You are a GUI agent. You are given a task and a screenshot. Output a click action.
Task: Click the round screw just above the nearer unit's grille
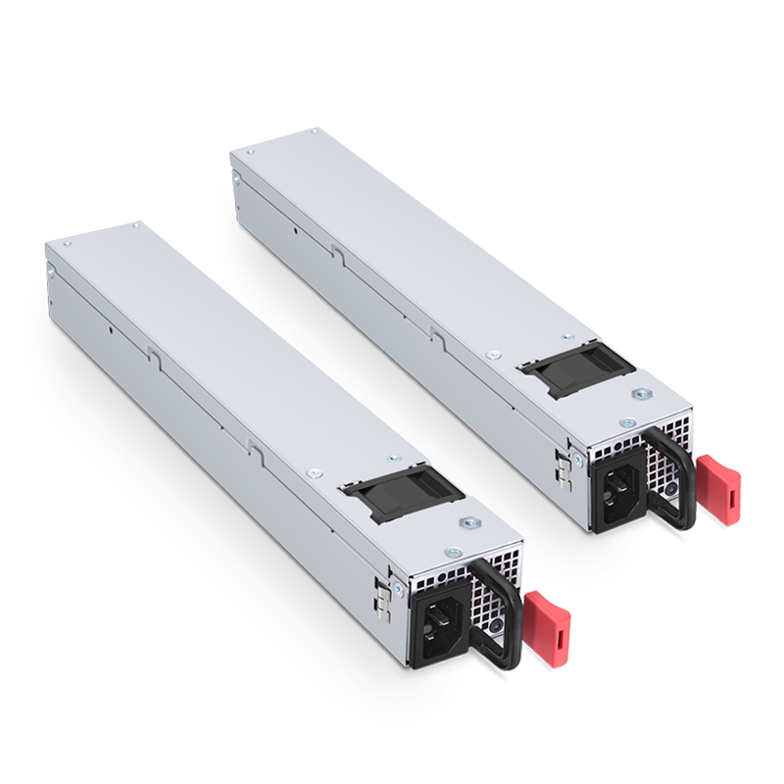(453, 553)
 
